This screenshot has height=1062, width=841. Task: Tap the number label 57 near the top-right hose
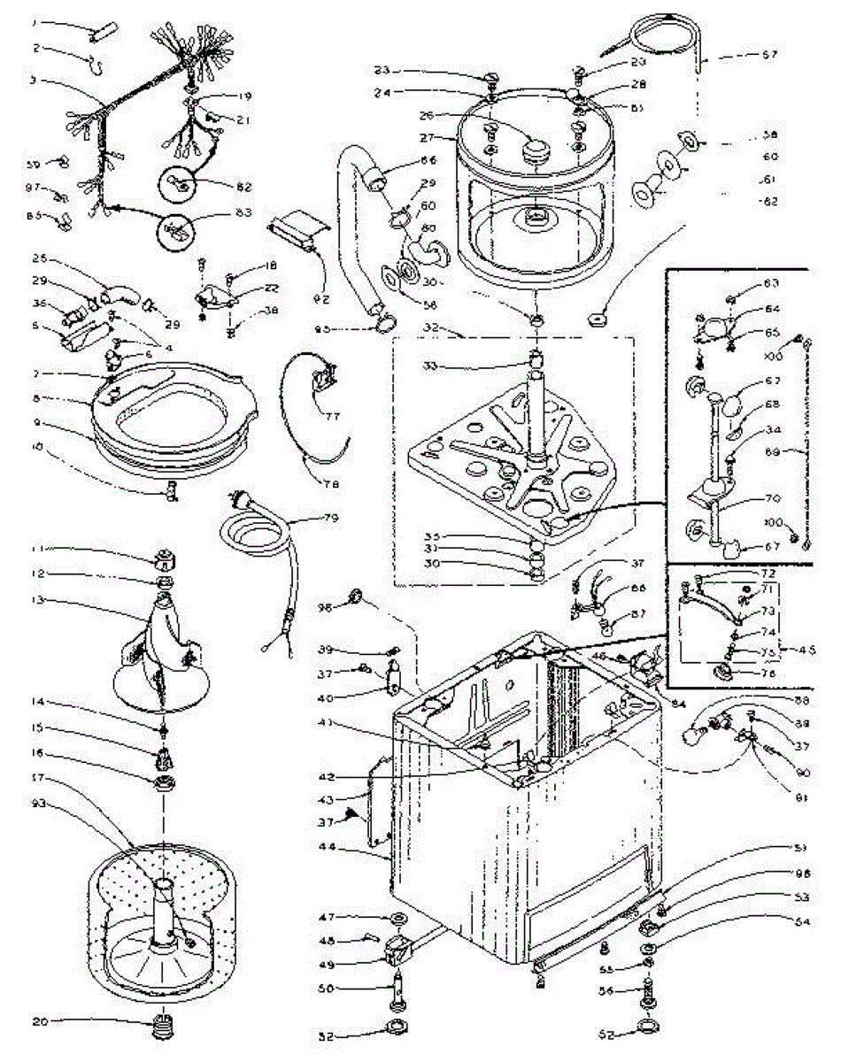[769, 54]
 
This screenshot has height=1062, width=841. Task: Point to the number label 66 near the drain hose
[428, 161]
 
